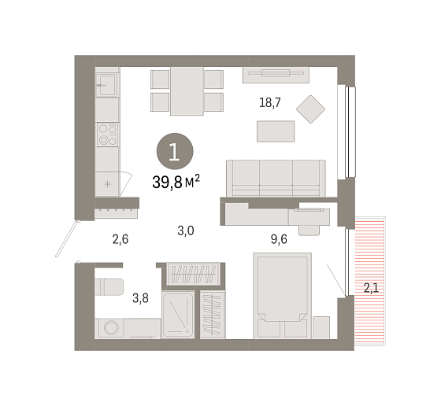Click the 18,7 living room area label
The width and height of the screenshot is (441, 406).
point(269,102)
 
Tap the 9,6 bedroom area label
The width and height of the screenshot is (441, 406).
point(279,239)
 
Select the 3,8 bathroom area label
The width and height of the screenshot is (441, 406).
point(140,298)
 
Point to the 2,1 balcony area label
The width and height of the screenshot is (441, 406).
point(371,288)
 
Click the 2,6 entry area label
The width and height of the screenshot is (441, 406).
point(120,239)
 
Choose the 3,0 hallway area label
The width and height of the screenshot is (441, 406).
point(186,231)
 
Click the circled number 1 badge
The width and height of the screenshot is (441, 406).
point(175,151)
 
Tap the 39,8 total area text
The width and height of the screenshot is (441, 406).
point(176,182)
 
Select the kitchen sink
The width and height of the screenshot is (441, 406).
point(106,85)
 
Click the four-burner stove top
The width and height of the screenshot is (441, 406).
point(107,135)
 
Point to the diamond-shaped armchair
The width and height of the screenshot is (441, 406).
point(310,109)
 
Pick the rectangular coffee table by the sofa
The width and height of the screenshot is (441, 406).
point(276,131)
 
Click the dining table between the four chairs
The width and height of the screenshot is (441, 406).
point(187,91)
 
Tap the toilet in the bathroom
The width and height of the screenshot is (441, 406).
point(109,287)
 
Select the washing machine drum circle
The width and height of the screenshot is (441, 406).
point(111,327)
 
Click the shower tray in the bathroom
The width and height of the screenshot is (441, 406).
point(178,315)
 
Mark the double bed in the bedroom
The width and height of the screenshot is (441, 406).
point(283,295)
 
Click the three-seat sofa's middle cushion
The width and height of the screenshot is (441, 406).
point(276,178)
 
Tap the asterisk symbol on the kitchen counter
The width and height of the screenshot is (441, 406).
point(107,184)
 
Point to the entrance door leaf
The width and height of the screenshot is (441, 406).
point(66,239)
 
